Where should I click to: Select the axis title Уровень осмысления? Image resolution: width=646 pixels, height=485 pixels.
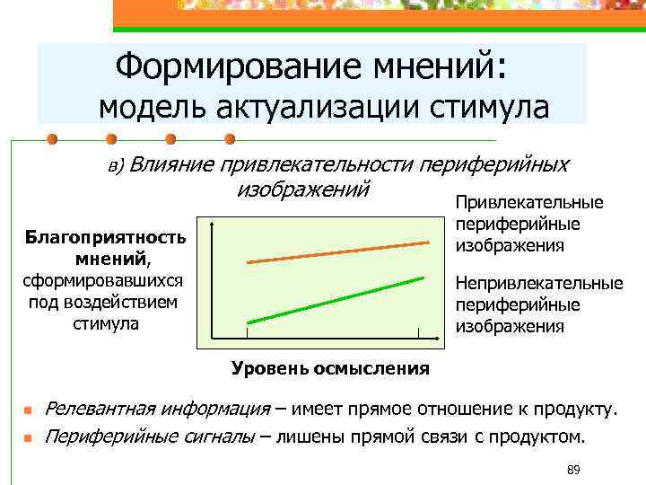pos(330,368)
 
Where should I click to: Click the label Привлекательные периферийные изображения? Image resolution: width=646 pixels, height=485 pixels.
pos(528,225)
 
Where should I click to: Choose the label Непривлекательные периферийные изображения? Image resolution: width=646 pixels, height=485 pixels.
pos(538,304)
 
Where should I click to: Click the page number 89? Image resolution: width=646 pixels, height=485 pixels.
pos(574,471)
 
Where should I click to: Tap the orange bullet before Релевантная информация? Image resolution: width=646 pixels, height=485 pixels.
pos(27,411)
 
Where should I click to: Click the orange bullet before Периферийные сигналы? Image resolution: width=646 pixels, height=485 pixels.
pos(27,439)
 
